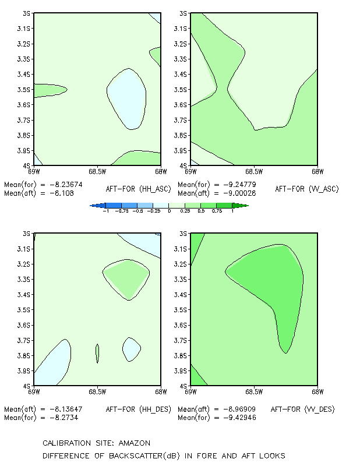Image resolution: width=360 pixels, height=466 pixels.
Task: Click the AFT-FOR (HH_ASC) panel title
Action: click(x=139, y=189)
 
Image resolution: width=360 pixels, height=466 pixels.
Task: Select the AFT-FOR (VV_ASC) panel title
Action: click(x=307, y=189)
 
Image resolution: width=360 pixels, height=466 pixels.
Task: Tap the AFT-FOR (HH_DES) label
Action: click(x=139, y=409)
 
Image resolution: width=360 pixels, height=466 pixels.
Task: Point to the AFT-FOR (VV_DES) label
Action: click(x=303, y=409)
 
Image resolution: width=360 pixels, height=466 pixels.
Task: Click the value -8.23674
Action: click(x=66, y=185)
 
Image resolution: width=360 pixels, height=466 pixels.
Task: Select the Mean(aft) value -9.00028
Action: click(x=239, y=193)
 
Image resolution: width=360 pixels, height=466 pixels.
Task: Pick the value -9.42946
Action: click(x=239, y=418)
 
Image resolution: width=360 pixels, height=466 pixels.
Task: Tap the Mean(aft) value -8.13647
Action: click(x=66, y=409)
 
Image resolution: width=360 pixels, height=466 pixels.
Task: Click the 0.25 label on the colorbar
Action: click(x=185, y=211)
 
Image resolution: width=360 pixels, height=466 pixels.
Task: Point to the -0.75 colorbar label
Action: click(x=122, y=211)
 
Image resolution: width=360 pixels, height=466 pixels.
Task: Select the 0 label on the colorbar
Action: click(x=169, y=211)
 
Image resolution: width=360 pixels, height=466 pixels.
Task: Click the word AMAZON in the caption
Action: click(x=135, y=443)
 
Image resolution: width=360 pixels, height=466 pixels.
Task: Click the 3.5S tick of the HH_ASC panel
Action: click(x=24, y=90)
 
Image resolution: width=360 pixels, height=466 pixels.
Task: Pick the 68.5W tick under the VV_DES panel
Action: click(x=254, y=392)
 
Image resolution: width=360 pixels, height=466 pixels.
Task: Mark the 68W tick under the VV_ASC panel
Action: click(x=317, y=172)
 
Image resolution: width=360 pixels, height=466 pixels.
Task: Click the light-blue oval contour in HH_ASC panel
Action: click(x=126, y=99)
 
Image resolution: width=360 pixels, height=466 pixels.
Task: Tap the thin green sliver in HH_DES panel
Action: click(x=97, y=354)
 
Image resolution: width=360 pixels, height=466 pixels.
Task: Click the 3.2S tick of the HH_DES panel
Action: click(x=24, y=264)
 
